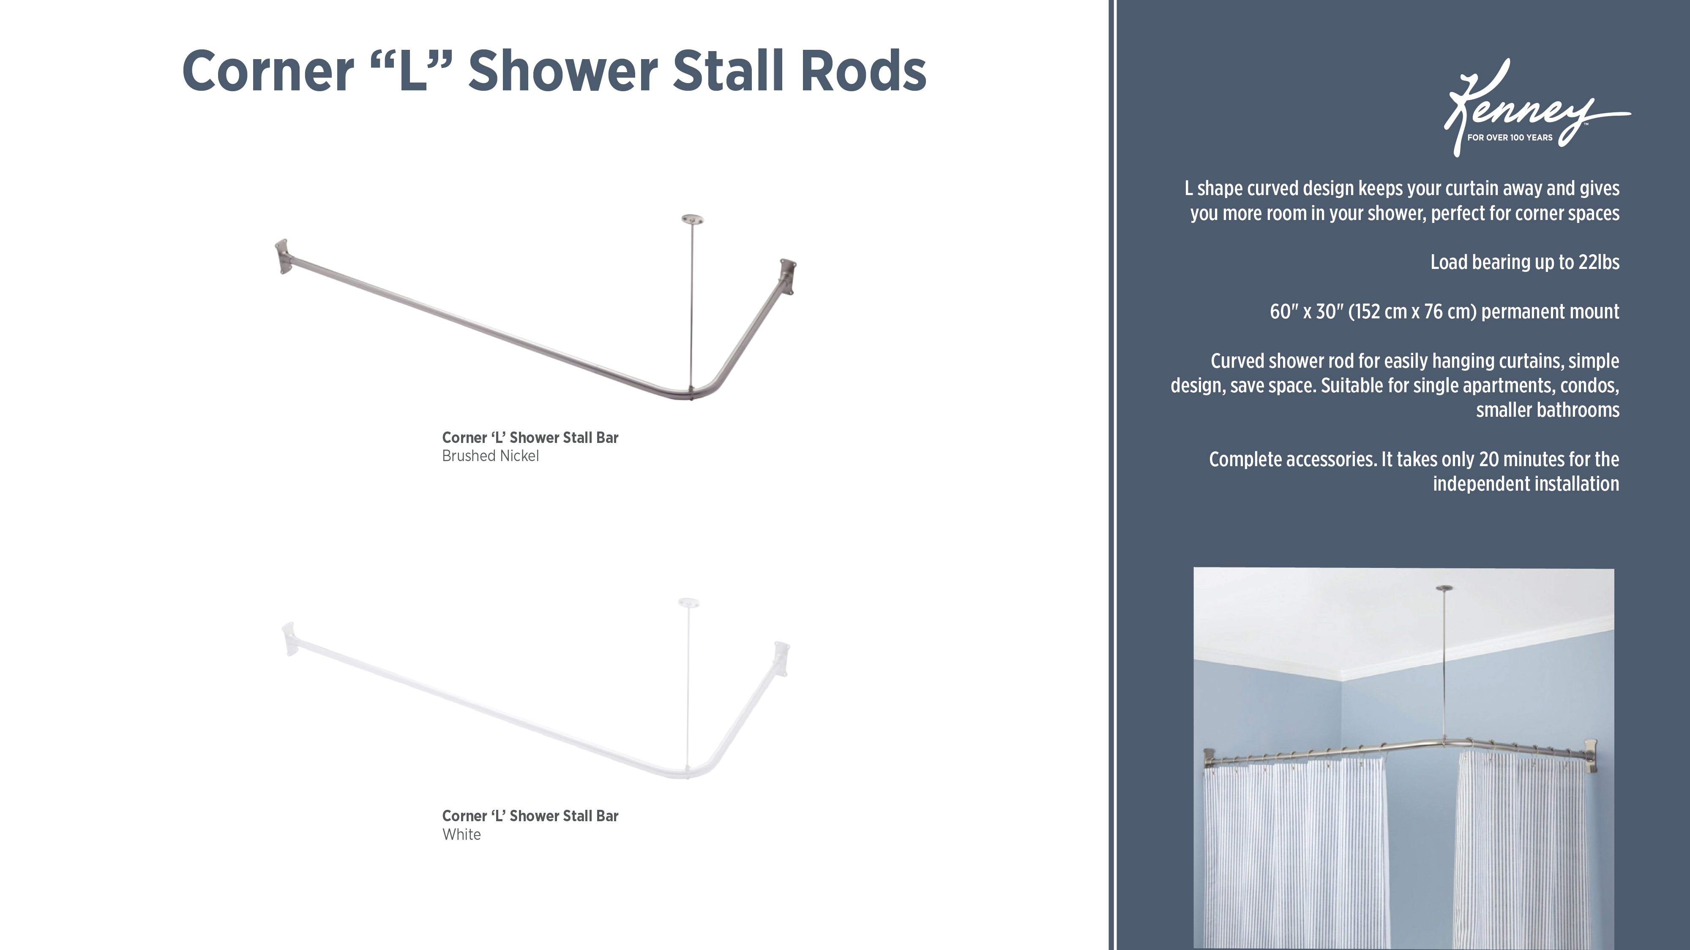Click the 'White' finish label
tap(461, 835)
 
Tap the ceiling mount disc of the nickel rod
tap(692, 219)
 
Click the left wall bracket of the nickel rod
tap(282, 256)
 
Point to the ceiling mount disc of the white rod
tap(688, 603)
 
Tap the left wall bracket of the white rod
tap(289, 639)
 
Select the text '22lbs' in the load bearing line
tap(1599, 262)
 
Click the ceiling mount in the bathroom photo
tap(1444, 589)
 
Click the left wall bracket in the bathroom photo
tap(1209, 759)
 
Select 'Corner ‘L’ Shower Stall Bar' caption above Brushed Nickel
tap(530, 437)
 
